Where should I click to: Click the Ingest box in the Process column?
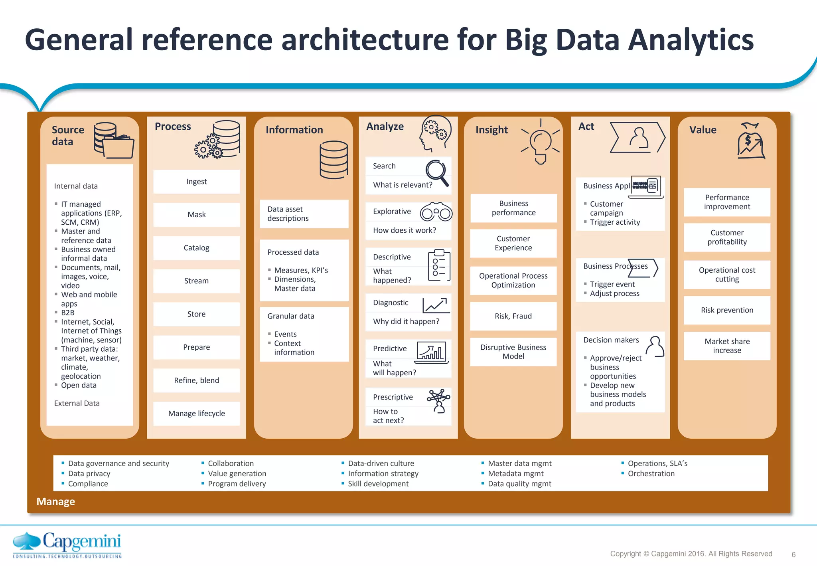point(196,182)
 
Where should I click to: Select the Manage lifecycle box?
point(196,414)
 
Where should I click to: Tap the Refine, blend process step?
point(196,380)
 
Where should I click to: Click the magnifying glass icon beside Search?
point(437,172)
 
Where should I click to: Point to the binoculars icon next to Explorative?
point(436,212)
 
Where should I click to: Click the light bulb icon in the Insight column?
point(541,144)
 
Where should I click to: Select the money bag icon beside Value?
point(750,141)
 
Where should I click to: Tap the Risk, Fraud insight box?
point(513,316)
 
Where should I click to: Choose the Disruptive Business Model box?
point(513,352)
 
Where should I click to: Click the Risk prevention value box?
point(727,310)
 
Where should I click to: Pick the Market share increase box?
point(727,346)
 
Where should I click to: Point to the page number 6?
point(793,554)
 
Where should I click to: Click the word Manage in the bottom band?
point(55,501)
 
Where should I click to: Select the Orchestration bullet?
point(651,473)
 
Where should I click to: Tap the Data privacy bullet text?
point(89,473)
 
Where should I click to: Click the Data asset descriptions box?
point(304,214)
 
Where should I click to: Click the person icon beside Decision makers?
point(655,346)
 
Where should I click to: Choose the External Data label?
point(77,403)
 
